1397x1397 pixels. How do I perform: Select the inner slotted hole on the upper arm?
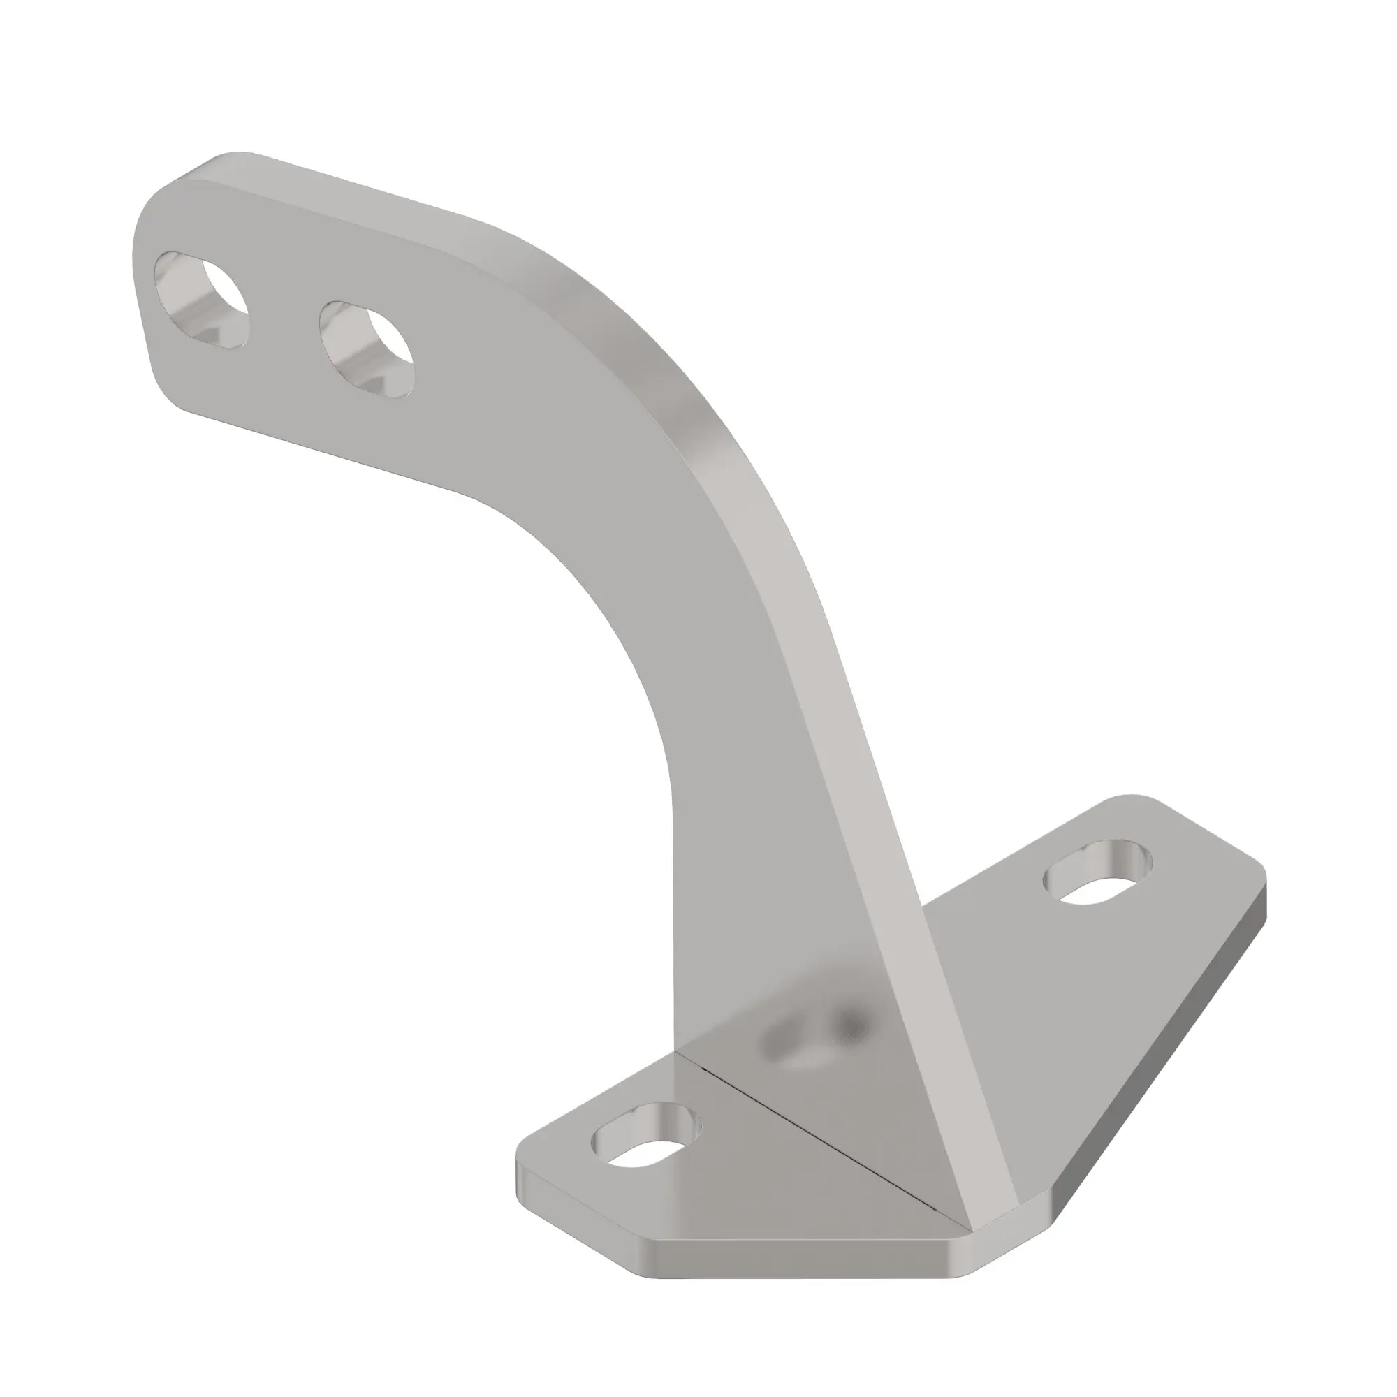coord(367,349)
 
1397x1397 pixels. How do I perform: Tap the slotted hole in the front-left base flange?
coord(646,1144)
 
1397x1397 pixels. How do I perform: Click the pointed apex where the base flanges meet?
coord(969,1227)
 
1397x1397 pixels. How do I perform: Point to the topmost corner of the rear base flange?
coord(1128,798)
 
